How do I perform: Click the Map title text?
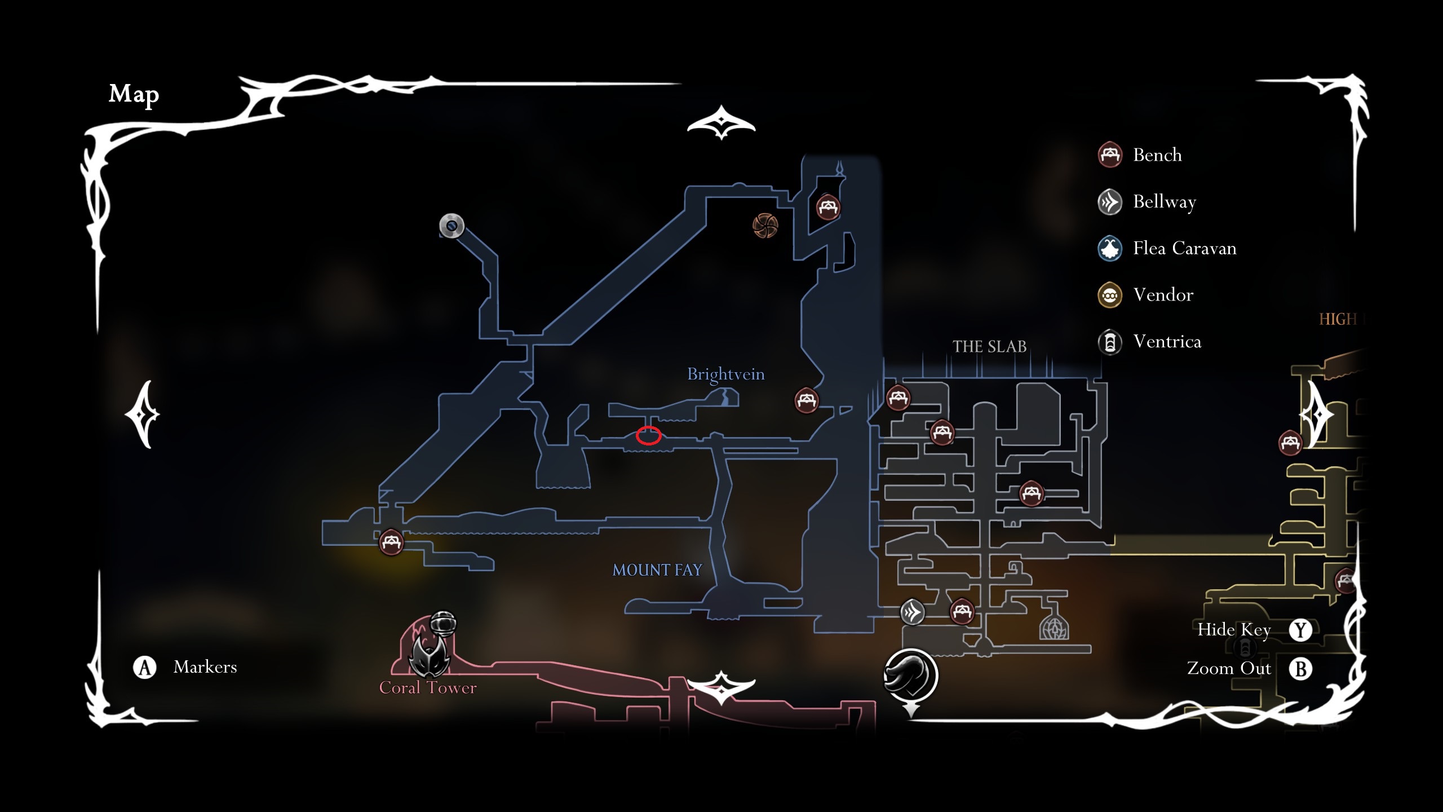134,94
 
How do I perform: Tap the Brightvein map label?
725,374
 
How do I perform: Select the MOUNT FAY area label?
657,570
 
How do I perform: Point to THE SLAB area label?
989,346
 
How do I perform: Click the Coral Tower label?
428,688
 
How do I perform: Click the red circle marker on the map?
648,436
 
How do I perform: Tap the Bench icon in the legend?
1110,155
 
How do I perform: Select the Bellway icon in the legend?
1110,202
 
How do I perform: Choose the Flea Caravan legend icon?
1110,248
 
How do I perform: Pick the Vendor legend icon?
1110,295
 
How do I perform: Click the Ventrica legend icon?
1110,342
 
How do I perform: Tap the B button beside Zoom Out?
1300,669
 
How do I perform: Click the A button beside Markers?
145,667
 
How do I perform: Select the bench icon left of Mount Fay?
391,542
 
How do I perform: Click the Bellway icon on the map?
912,612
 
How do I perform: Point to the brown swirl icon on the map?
765,226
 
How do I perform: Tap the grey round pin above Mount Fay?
452,226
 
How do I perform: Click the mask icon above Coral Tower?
430,654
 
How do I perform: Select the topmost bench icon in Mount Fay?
827,207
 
